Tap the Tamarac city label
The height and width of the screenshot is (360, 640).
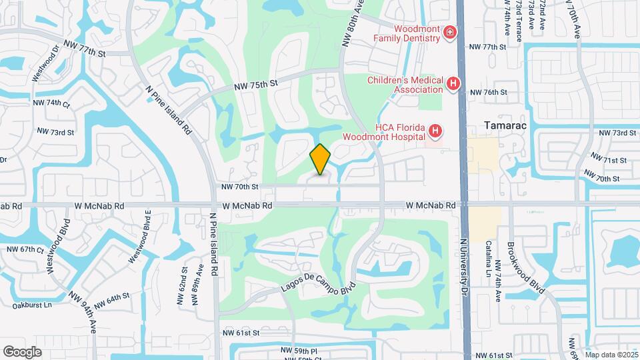point(501,125)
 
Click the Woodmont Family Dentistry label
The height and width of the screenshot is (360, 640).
point(416,33)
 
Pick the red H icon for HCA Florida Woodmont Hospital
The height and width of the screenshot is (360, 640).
point(435,131)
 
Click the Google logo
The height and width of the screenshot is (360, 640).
point(22,351)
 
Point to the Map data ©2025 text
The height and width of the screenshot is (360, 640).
point(611,355)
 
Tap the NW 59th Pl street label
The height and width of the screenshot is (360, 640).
point(299,350)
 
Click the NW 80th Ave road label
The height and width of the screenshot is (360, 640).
point(353,23)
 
